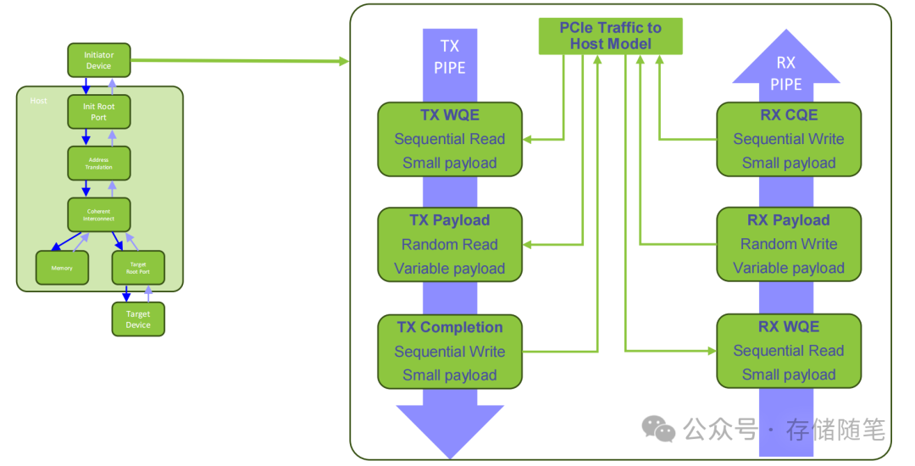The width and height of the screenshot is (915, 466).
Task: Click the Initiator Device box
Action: point(99,60)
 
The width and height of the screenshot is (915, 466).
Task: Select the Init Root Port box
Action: point(99,112)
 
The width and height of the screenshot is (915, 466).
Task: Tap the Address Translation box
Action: point(99,163)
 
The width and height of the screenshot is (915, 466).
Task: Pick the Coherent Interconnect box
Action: point(99,214)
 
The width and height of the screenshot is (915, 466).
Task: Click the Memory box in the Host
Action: point(62,268)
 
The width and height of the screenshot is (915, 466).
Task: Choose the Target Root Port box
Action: point(138,268)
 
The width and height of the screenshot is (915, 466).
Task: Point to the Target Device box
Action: point(138,319)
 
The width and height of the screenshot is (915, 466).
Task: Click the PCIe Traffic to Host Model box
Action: point(610,36)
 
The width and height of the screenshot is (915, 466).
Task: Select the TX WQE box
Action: point(449,139)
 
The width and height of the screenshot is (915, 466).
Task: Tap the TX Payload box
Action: point(449,244)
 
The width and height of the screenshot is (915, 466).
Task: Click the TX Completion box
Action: point(449,352)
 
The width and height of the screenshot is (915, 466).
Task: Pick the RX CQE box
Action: point(789,139)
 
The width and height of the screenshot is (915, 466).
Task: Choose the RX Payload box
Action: point(789,244)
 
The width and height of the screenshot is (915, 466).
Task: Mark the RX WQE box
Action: point(789,351)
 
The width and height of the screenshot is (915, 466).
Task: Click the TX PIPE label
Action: point(450,56)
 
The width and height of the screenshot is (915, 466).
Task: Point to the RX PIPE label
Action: point(786,73)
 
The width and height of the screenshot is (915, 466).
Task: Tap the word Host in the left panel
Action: point(39,101)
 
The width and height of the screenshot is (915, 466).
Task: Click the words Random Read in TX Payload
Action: point(449,245)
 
